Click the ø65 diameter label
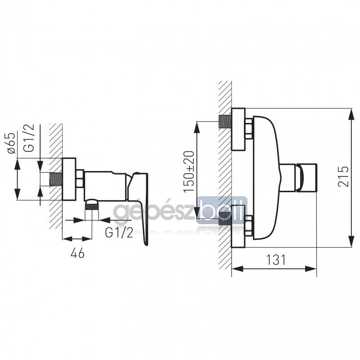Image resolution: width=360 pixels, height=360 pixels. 11,143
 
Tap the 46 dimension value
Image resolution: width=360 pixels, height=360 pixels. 77,253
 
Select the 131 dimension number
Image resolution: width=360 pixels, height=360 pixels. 276,260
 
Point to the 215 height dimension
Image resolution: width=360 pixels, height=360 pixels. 343,176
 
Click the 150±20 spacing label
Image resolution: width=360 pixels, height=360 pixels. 189,171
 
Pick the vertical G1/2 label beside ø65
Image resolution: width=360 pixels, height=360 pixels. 29,138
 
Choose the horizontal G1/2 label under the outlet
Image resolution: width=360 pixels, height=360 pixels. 119,233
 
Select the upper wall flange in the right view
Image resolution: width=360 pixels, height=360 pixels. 238,129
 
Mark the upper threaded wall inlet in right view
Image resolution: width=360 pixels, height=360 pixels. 224,121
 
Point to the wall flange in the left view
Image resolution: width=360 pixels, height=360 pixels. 69,179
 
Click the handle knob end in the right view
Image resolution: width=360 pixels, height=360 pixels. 307,177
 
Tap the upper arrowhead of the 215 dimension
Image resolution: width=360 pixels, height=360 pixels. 351,114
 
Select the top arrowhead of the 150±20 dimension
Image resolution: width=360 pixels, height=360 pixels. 197,127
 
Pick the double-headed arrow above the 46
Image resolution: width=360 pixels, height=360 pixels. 77,239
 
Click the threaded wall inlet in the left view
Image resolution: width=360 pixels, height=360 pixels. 56,179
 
